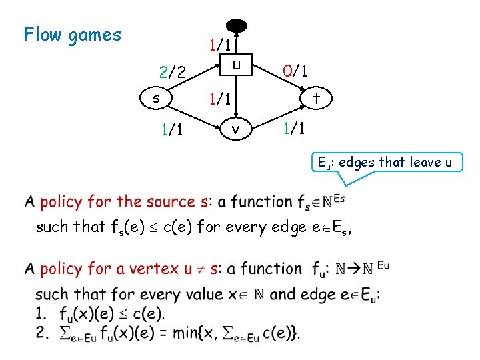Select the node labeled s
point(155,99)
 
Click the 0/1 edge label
point(294,71)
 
